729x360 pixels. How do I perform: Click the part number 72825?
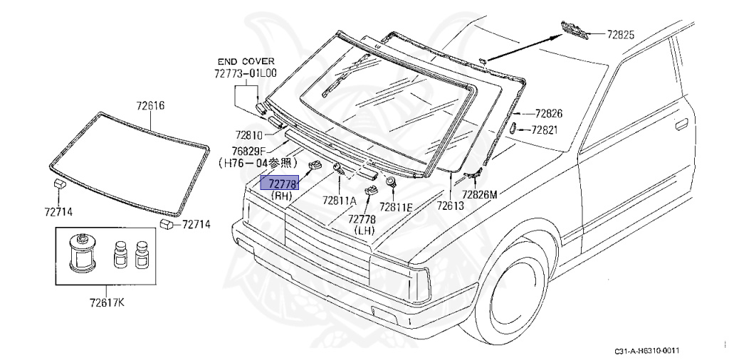click(x=620, y=33)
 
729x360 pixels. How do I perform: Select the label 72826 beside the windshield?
click(x=548, y=113)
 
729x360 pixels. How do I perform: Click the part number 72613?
click(x=450, y=206)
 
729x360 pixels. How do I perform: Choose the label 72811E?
click(x=396, y=206)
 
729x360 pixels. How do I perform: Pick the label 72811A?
click(x=339, y=201)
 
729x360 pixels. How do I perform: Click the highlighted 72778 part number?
click(x=283, y=184)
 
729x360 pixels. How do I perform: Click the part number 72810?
click(x=249, y=135)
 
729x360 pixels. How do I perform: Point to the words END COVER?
click(x=246, y=62)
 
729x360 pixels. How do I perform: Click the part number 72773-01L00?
click(x=246, y=73)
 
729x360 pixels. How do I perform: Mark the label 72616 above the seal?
click(x=150, y=105)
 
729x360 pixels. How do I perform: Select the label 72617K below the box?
click(x=105, y=304)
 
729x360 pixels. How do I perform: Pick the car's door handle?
click(x=680, y=124)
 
